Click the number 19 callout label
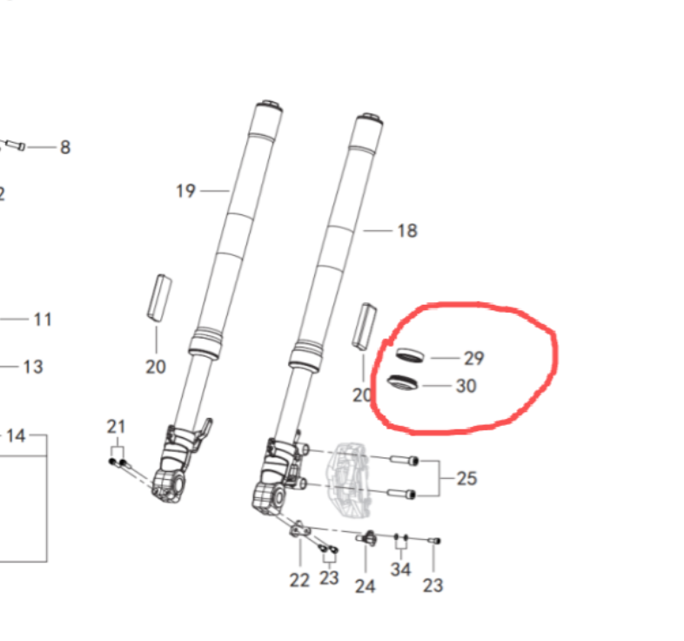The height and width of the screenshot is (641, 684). click(185, 191)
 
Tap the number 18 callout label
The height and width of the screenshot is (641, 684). click(406, 231)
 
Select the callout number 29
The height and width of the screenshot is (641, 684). click(473, 358)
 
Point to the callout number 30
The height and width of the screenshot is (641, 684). click(466, 386)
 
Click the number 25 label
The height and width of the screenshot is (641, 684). click(466, 478)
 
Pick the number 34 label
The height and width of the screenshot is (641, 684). click(400, 570)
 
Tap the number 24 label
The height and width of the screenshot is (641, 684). click(365, 586)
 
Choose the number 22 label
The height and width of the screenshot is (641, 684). click(299, 580)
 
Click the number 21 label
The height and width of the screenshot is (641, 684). click(116, 427)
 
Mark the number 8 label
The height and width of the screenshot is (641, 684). click(64, 147)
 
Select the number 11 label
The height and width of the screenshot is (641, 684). click(43, 320)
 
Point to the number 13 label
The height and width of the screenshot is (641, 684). click(32, 367)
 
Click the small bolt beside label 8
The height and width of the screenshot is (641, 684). click(16, 145)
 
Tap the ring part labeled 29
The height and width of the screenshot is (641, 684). click(409, 354)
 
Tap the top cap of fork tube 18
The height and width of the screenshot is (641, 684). click(368, 118)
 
